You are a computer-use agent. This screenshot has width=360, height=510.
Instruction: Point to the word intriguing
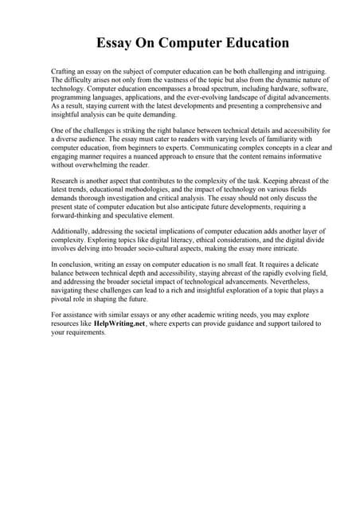pos(289,72)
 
